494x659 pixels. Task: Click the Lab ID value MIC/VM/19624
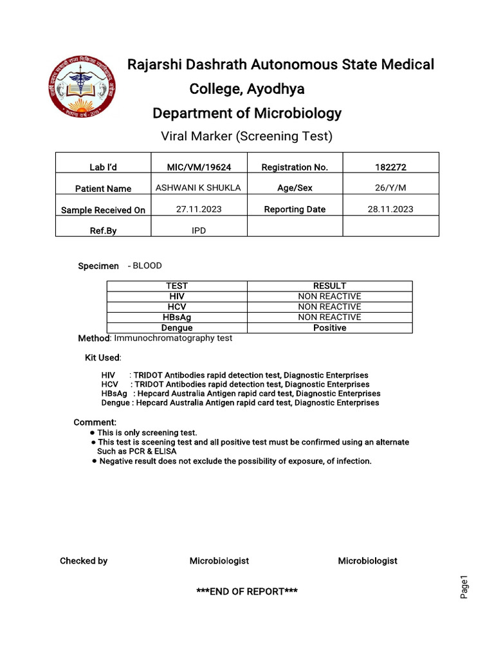coord(199,167)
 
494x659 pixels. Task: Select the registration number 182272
coord(390,167)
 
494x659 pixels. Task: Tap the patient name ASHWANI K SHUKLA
coord(199,187)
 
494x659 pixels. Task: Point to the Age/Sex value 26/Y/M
coord(390,187)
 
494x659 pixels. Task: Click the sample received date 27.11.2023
coord(199,209)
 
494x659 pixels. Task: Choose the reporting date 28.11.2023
coord(390,209)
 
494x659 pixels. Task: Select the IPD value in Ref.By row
coord(199,230)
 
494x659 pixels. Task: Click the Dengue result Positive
coord(329,328)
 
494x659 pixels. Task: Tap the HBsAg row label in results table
coord(177,317)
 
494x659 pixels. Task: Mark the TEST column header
coord(177,286)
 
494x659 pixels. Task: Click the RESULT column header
coord(329,286)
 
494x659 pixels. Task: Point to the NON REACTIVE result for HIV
coord(329,296)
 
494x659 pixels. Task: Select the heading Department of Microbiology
coord(247,113)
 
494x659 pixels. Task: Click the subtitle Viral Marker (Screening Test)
coord(247,136)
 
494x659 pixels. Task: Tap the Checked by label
coord(84,561)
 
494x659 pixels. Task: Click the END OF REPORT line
coord(247,591)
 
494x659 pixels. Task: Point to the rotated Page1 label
coord(464,587)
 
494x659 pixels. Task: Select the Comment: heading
coord(95,422)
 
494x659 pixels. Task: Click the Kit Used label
coord(103,357)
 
